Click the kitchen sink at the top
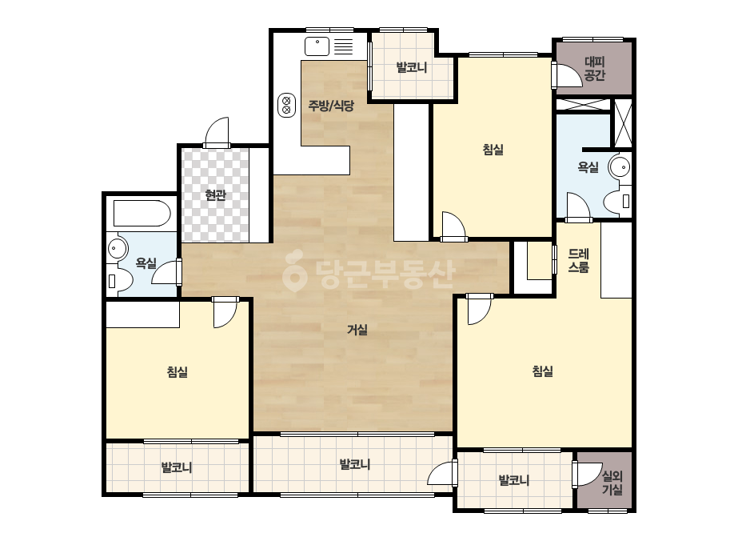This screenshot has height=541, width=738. point(317,46)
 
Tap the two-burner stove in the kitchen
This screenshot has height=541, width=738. point(286,105)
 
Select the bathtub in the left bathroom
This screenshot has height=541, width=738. point(142,214)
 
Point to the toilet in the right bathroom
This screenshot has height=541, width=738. point(617,201)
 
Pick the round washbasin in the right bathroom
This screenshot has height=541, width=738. point(620,166)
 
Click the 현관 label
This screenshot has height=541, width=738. point(216,194)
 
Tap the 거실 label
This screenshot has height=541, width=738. point(357,330)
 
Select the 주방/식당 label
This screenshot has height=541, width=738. point(331,105)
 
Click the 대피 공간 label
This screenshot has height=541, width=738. point(594,68)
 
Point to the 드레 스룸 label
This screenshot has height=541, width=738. point(578,261)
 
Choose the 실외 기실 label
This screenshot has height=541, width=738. point(612,483)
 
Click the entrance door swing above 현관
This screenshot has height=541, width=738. point(217,132)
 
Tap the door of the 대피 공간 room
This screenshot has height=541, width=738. point(567,74)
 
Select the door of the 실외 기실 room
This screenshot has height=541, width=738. point(587,474)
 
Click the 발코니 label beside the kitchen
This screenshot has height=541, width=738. point(412,67)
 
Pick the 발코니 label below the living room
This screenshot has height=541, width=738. point(355,465)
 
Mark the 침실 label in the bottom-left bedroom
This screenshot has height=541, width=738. point(178,372)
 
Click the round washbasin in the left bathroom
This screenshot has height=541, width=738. point(118,249)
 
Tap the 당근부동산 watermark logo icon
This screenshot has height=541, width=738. point(294,270)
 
